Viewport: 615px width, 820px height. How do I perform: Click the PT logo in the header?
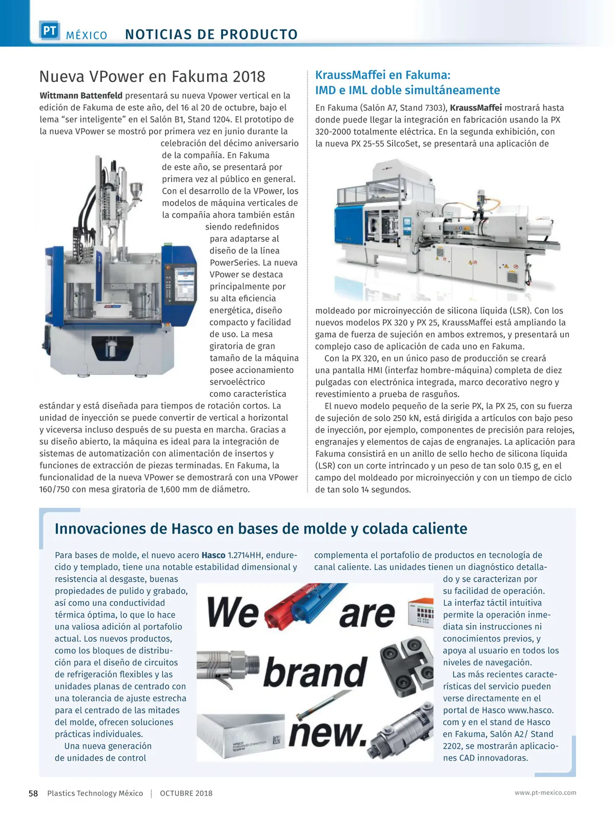50,31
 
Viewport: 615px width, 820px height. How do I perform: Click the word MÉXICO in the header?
87,35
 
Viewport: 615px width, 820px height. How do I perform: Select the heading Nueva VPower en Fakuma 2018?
152,77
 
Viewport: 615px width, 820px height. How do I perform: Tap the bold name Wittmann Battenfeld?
81,96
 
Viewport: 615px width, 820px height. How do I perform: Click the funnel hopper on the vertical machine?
136,193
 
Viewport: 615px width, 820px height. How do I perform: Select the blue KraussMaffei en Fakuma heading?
407,83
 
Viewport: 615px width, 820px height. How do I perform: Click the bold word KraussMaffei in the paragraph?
476,108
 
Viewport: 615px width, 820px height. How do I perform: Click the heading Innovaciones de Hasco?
261,529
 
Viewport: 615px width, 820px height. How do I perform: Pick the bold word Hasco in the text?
213,556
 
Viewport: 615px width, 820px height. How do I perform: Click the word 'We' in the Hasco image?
233,613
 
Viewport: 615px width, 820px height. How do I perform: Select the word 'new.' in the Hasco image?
328,733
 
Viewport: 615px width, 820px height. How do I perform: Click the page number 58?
33,793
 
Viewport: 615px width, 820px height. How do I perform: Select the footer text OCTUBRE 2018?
186,793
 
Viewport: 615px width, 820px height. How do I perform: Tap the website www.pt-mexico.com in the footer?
545,793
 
